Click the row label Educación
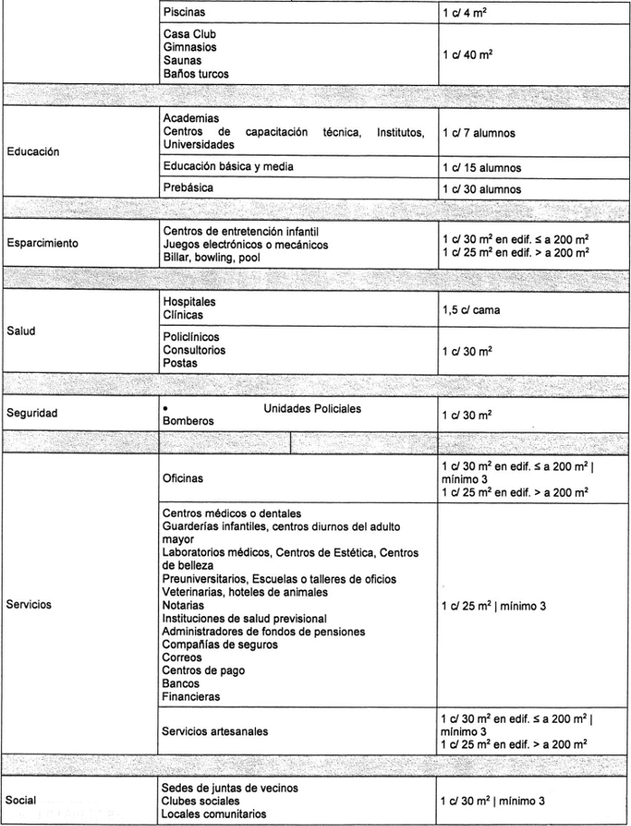pyautogui.click(x=33, y=151)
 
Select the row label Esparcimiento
pyautogui.click(x=42, y=243)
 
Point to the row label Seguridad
pyautogui.click(x=32, y=413)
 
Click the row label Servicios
pyautogui.click(x=29, y=605)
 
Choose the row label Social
pyautogui.click(x=21, y=801)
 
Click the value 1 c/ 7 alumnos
pyautogui.click(x=479, y=132)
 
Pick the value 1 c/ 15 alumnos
pyautogui.click(x=482, y=167)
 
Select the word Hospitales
pyautogui.click(x=190, y=301)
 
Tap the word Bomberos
pyautogui.click(x=189, y=421)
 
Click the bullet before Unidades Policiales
pyautogui.click(x=165, y=409)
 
